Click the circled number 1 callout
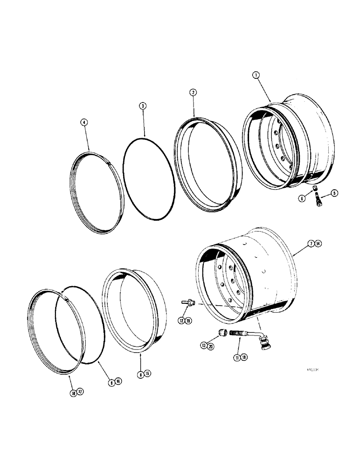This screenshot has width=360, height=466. coord(256,75)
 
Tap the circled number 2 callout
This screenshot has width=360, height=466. coord(192,93)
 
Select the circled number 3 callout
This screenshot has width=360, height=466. coord(143,106)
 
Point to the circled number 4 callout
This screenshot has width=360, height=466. coord(84,123)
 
